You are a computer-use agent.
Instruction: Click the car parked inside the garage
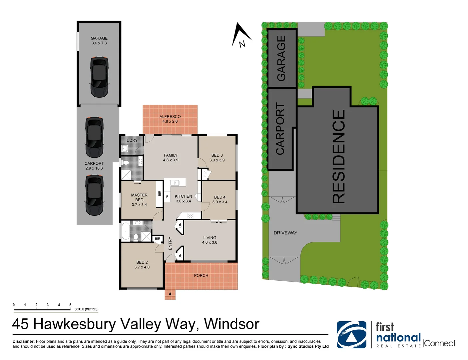click(99, 77)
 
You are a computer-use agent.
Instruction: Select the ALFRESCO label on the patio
click(170, 117)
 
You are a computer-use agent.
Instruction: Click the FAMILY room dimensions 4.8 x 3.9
click(171, 160)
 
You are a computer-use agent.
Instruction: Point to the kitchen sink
click(175, 183)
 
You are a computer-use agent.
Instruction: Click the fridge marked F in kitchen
click(167, 196)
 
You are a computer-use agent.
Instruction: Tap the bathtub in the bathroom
click(126, 231)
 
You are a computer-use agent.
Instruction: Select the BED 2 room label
click(142, 262)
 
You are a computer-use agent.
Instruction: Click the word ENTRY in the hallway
click(170, 243)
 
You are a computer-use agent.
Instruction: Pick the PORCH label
click(201, 275)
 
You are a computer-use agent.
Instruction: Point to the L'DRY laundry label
click(132, 140)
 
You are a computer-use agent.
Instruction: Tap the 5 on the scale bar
click(70, 305)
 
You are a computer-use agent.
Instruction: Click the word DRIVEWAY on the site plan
click(285, 233)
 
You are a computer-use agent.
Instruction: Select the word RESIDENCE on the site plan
click(338, 157)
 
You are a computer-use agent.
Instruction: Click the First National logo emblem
click(351, 335)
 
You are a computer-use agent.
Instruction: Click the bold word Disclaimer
click(23, 341)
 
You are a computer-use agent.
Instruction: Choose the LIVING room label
click(210, 237)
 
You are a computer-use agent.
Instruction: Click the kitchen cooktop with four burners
click(191, 215)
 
